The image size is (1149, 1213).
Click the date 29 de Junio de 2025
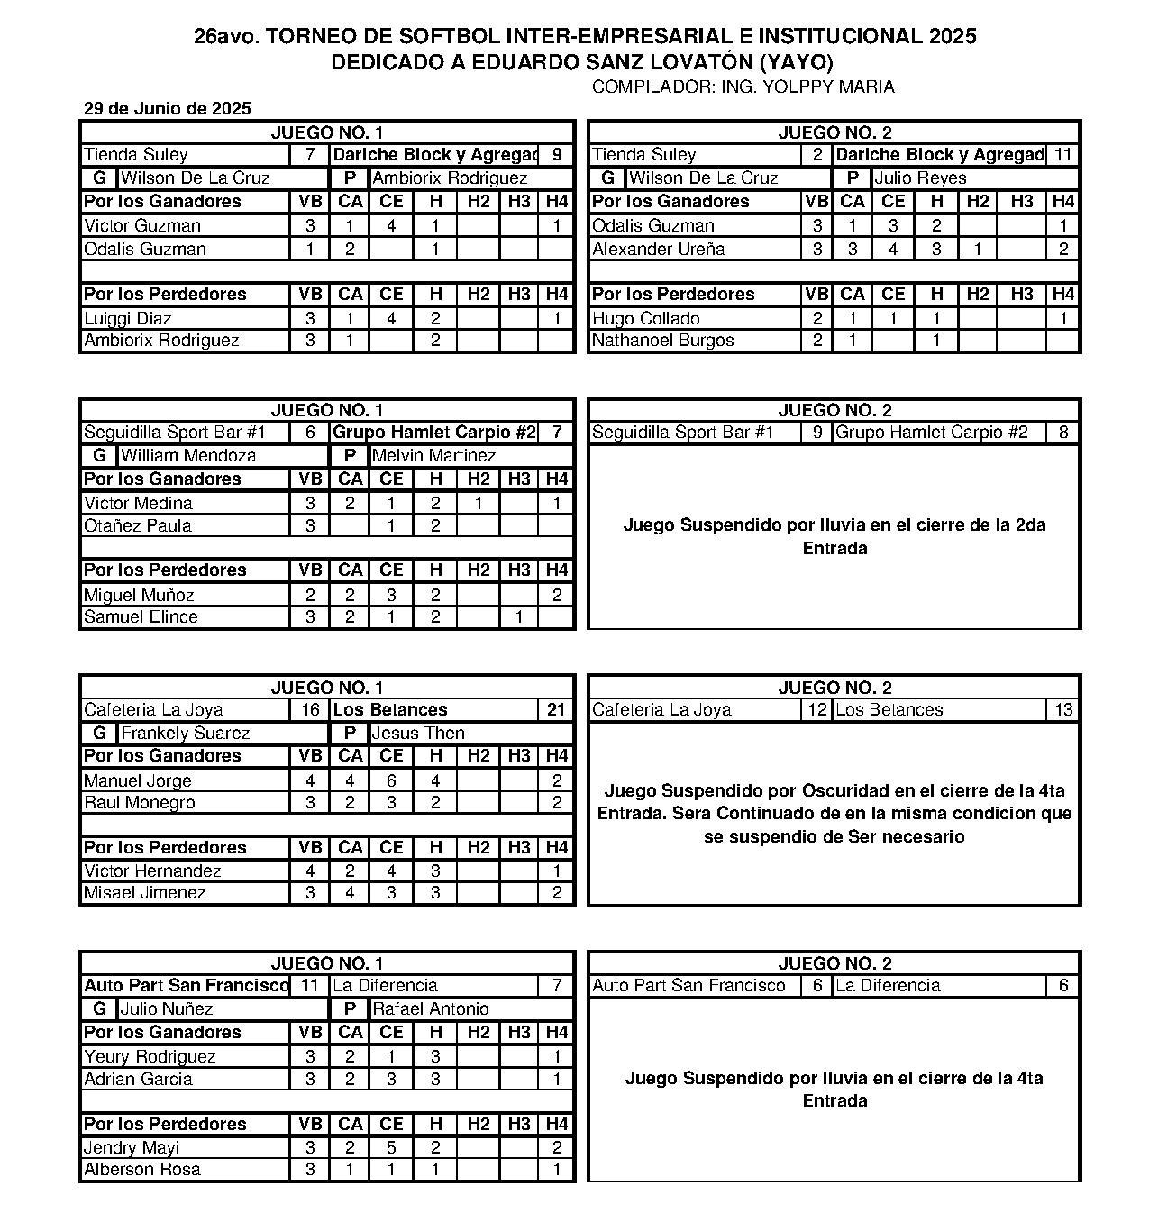(167, 109)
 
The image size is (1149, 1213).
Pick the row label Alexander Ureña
(658, 250)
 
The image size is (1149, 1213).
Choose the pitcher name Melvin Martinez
(433, 456)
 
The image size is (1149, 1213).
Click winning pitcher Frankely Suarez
(185, 734)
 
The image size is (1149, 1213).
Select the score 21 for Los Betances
(556, 710)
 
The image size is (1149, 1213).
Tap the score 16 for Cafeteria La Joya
(310, 710)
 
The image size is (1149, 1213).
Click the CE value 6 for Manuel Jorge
(391, 781)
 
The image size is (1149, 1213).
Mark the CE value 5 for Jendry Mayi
(391, 1148)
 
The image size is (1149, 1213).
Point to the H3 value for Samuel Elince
(519, 617)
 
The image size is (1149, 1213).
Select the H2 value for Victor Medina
(479, 504)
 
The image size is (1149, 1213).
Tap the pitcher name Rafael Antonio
(430, 1009)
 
